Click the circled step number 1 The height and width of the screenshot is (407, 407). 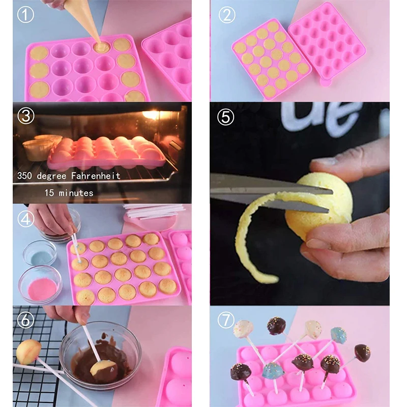point(25,15)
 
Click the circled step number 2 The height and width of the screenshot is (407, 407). point(226,15)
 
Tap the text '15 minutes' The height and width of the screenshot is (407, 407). point(69,193)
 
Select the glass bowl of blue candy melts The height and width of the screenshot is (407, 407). point(40,251)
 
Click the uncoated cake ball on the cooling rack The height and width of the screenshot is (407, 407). point(28,351)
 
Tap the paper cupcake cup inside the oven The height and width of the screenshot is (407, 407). point(38,149)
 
